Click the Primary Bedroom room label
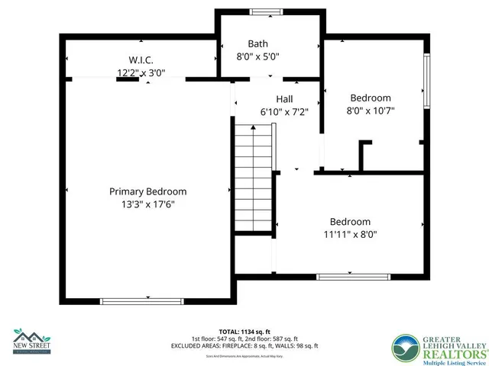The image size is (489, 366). click(147, 191)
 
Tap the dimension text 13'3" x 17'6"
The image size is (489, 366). click(147, 204)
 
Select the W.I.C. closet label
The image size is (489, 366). click(141, 60)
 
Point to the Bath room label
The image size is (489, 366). click(257, 43)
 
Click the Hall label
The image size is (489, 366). click(284, 98)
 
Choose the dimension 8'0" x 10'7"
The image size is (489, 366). click(371, 111)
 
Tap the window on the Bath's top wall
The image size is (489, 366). click(267, 11)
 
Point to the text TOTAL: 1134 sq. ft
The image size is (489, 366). click(244, 332)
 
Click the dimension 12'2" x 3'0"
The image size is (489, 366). click(141, 73)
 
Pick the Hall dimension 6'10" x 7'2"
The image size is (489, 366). click(284, 111)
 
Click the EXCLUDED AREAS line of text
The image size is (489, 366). click(244, 345)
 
